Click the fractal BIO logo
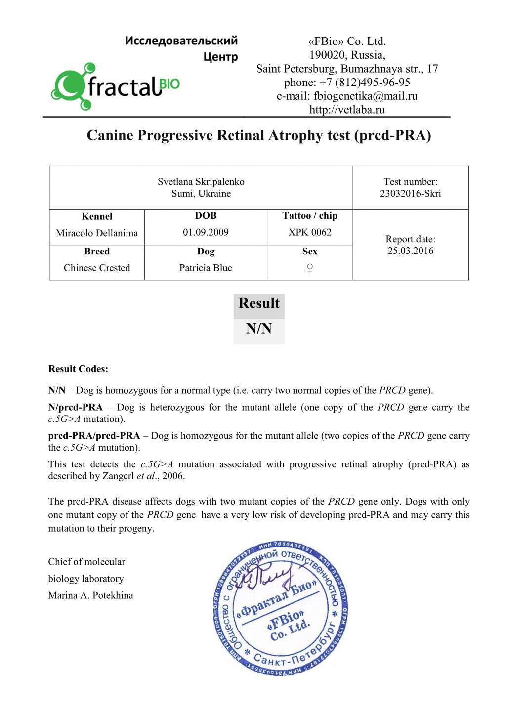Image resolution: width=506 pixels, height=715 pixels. point(115,86)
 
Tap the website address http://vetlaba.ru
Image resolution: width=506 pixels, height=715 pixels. point(347,110)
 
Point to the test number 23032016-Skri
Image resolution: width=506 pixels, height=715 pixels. point(410,193)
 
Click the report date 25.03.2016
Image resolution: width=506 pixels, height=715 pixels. point(410,251)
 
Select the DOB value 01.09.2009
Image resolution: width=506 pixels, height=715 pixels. point(206,232)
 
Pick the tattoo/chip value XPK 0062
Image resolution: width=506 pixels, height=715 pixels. point(310,232)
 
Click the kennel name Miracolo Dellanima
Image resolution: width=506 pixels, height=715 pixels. point(97,233)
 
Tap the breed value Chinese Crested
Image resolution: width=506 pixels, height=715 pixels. point(97,268)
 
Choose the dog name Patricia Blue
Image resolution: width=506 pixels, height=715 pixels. point(206,268)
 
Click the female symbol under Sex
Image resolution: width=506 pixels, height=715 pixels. point(310,268)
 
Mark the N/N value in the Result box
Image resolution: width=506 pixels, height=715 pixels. point(259,329)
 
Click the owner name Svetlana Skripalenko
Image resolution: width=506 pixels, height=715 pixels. point(201,182)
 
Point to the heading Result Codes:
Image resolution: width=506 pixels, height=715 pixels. point(78,369)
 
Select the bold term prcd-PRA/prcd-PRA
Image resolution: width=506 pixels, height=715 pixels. point(94,436)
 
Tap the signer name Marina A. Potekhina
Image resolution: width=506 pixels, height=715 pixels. point(90,595)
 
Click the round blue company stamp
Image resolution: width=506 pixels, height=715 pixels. point(281,609)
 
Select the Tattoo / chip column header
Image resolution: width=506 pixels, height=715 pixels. point(310,216)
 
